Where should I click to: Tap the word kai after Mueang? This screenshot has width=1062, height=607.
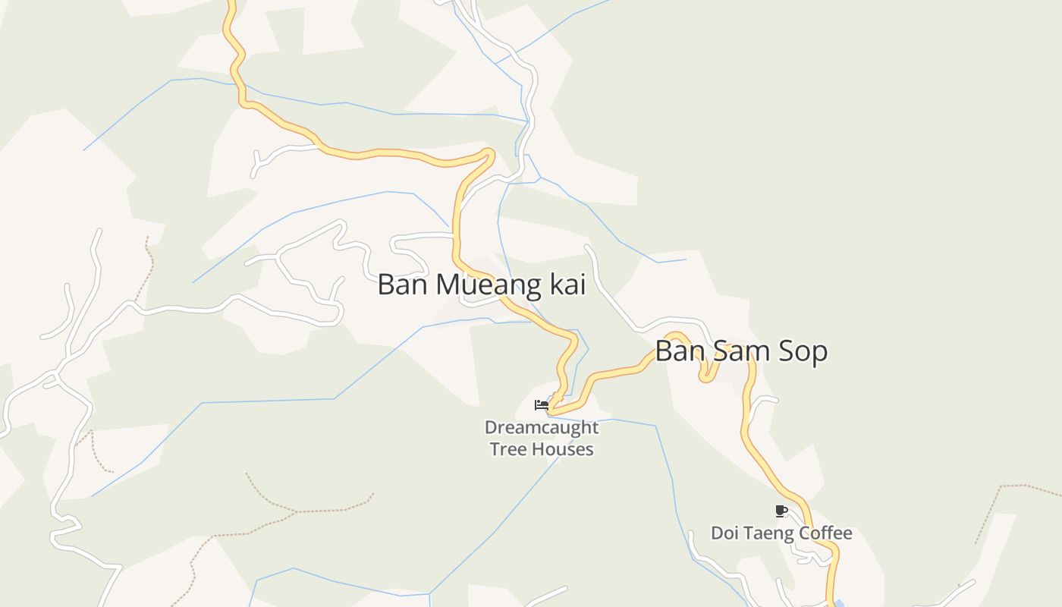pos(564,285)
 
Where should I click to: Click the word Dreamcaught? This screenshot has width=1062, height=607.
pos(542,428)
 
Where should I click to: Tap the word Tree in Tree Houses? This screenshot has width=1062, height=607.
pos(507,449)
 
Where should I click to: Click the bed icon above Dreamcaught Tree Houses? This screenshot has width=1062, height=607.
pos(542,405)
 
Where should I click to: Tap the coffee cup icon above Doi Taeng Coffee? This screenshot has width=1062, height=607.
pos(781,511)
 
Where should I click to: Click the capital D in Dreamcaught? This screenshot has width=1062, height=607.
pos(490,428)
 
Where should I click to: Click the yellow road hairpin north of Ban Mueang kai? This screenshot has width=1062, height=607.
pos(489,154)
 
